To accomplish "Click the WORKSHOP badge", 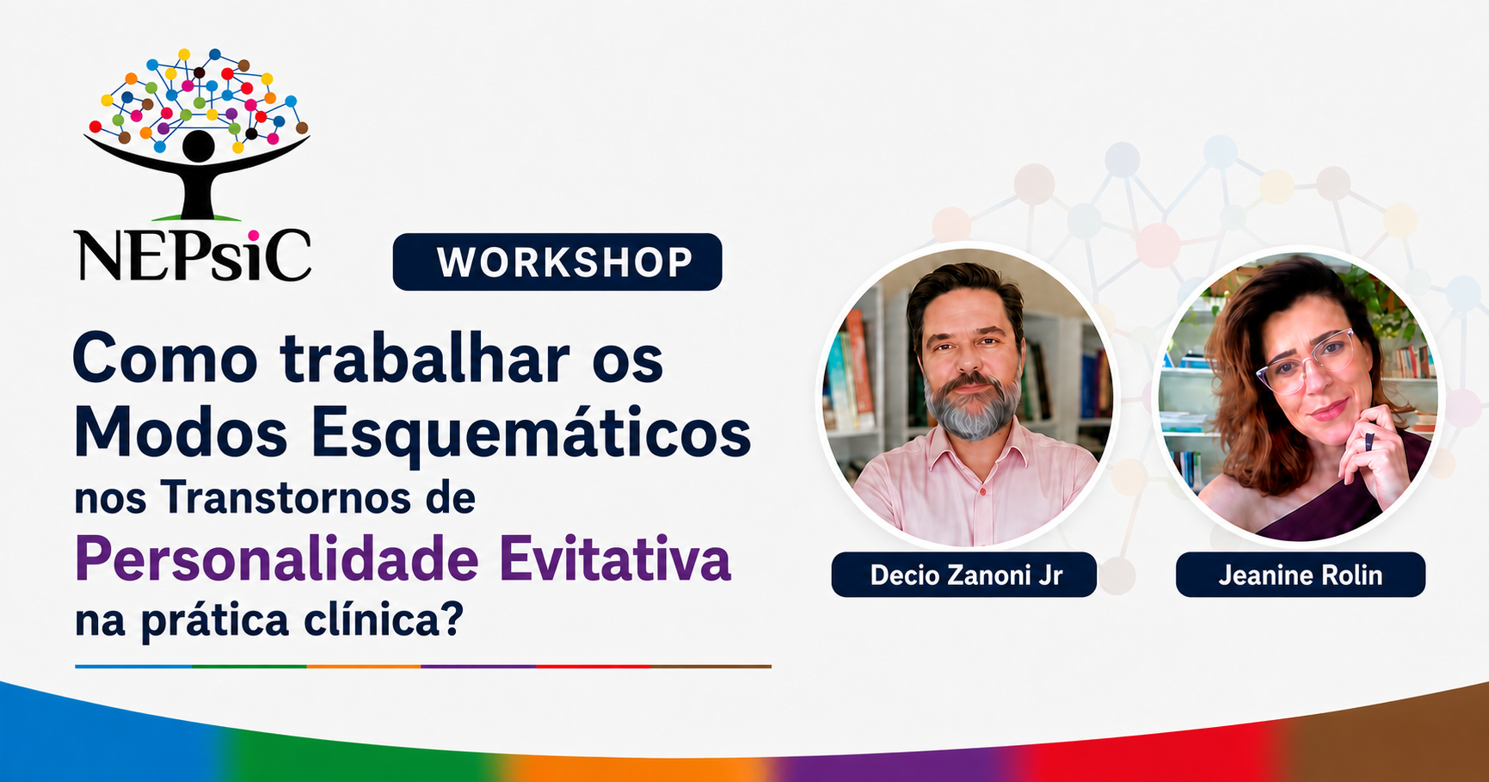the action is (557, 262).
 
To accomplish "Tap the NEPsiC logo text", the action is (193, 254).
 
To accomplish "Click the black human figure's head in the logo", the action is (199, 146).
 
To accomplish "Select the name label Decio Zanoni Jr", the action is (963, 575).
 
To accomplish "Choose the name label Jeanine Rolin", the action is (1300, 575).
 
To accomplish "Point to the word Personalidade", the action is (277, 560).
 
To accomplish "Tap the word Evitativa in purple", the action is (615, 560).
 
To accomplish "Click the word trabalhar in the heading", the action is (425, 358).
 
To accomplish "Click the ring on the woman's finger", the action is (1369, 441).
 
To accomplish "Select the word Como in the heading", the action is (165, 358).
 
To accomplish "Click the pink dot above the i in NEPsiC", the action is (253, 235).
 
